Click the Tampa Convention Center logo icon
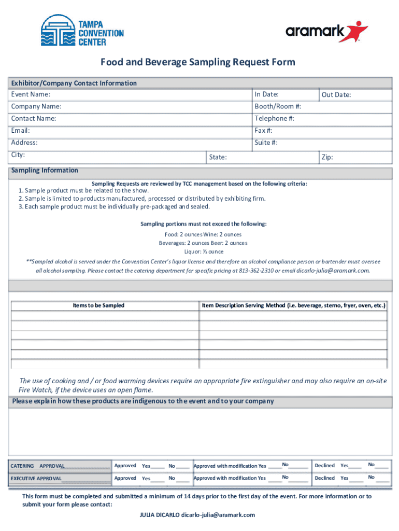coord(58,31)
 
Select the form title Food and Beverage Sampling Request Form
coord(197,62)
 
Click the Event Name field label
coord(31,94)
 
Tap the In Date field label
coord(266,94)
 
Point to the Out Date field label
coord(336,95)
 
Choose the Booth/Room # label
coord(278,106)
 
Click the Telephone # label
coord(274,119)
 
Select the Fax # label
coord(263,131)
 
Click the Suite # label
coord(266,143)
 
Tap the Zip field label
coord(327,157)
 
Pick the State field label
coord(217,157)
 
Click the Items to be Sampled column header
coord(98,305)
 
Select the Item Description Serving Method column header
coord(293,305)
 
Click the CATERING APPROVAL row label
coord(37,466)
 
